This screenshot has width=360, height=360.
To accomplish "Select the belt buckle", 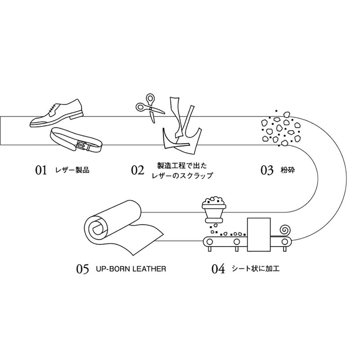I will click(82, 145).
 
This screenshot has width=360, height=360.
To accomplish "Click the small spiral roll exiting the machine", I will click(283, 229).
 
